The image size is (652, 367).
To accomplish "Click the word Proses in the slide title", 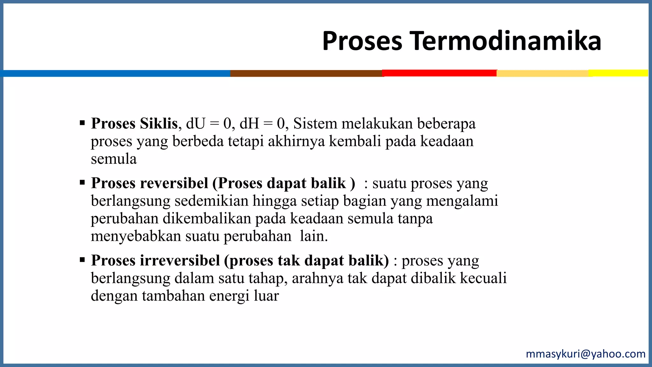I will [362, 41].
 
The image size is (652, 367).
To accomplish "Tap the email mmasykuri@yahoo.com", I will [585, 354].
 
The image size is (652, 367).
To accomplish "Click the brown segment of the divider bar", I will [306, 73].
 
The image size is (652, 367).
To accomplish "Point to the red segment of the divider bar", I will [439, 73].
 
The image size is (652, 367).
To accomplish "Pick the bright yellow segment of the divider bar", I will [618, 73].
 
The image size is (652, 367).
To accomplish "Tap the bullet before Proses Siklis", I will [82, 123].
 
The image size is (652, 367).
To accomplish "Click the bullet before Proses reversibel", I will [82, 183].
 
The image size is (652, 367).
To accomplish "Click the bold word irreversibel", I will [180, 261].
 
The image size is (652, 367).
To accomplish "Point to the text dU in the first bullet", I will [195, 124].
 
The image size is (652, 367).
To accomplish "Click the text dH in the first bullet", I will [249, 124].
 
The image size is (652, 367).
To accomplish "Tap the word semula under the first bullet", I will [114, 159].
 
